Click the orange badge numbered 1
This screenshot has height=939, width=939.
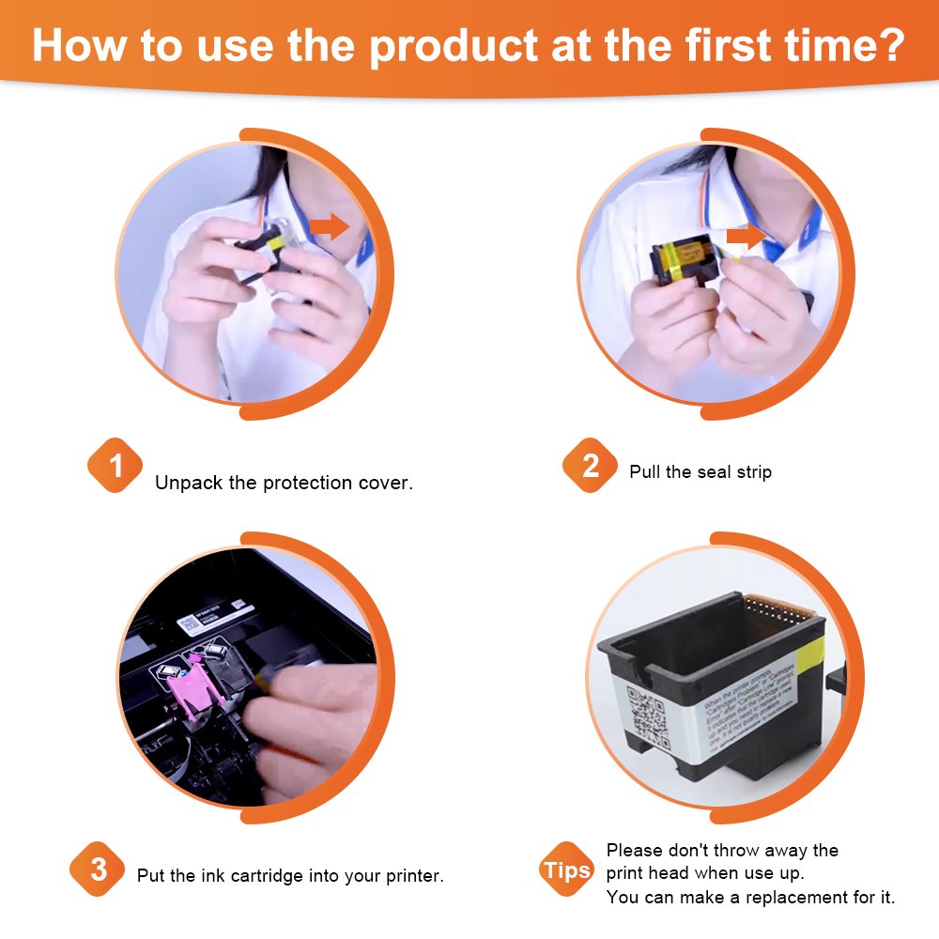[x=115, y=466]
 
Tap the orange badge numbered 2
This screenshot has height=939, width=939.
[x=591, y=466]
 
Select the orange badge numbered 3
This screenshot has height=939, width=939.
[x=99, y=870]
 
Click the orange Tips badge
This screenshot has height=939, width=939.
[x=567, y=870]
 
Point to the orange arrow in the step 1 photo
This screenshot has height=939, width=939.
[x=328, y=225]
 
